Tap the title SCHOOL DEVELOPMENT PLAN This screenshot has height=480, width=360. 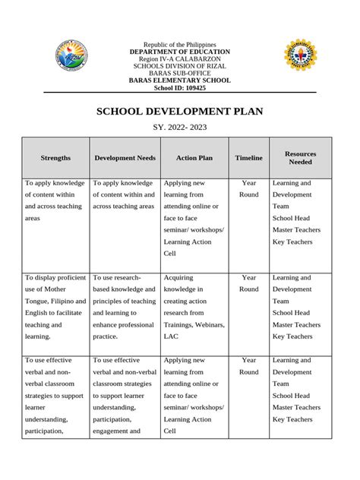tap(179, 111)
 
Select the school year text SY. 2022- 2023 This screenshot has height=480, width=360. tap(179, 127)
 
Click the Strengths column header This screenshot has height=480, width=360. tap(56, 157)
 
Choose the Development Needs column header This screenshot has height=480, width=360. tap(125, 157)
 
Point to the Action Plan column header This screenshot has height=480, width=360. tap(194, 157)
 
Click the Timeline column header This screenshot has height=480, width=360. tap(248, 157)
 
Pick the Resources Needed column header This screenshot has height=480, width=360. tap(300, 157)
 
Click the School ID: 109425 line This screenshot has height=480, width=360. tap(179, 87)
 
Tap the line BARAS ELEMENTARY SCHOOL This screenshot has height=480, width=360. tap(179, 80)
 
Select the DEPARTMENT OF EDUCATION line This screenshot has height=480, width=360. tap(179, 52)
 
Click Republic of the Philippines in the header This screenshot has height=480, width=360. tap(179, 45)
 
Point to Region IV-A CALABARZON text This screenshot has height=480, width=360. tap(179, 59)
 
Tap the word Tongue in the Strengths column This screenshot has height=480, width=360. tap(37, 301)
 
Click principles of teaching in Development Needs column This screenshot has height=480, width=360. tap(124, 301)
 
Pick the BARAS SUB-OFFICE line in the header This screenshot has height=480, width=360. tap(179, 73)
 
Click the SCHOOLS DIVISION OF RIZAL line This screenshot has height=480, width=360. tap(179, 66)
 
